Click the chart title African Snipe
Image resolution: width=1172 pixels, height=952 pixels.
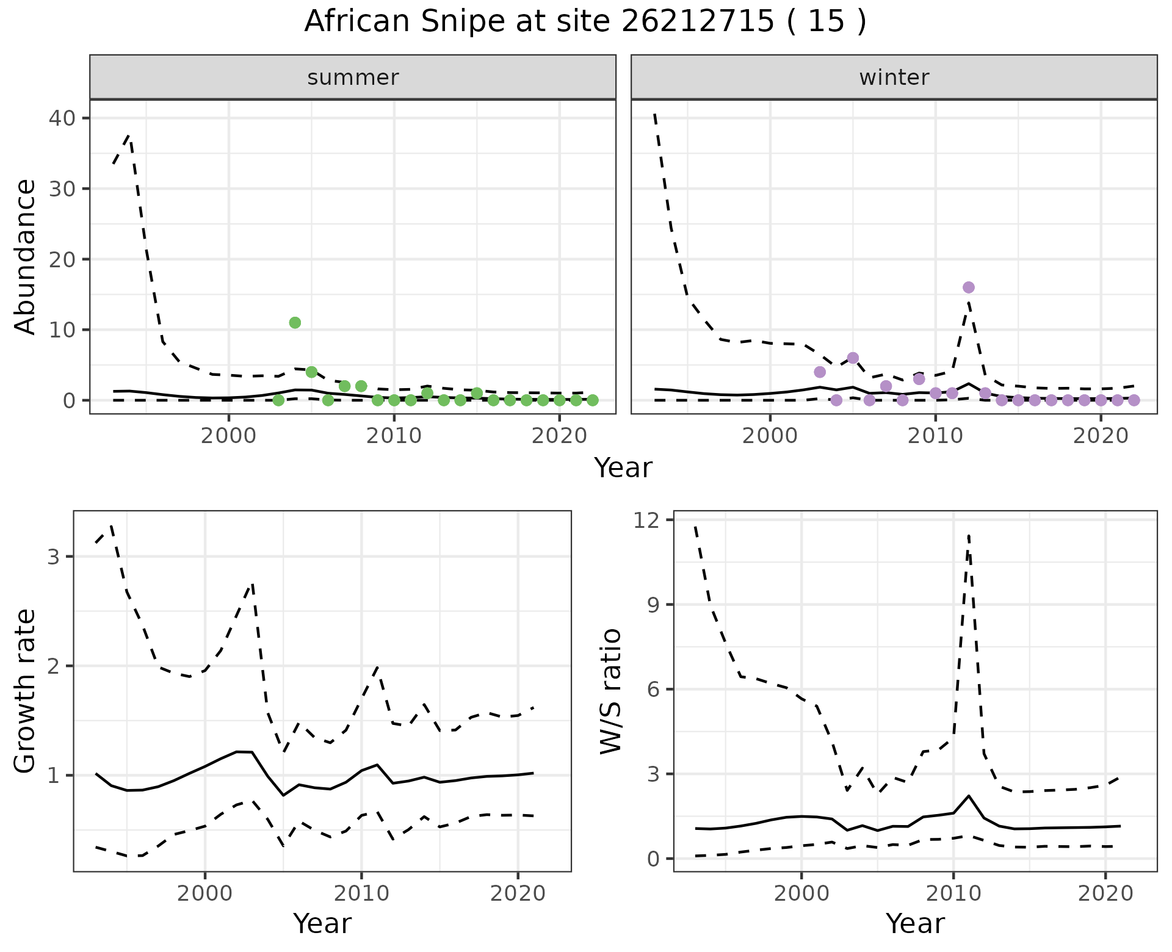[x=585, y=22]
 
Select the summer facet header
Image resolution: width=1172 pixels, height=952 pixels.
[x=353, y=78]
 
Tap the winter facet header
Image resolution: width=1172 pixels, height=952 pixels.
[x=894, y=78]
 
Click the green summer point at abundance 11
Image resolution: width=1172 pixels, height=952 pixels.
[x=295, y=323]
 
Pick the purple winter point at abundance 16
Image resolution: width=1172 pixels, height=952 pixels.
[x=969, y=287]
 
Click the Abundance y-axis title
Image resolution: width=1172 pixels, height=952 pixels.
[x=26, y=256]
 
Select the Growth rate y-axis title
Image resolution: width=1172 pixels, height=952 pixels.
[x=26, y=691]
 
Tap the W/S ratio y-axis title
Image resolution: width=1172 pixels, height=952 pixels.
[x=610, y=691]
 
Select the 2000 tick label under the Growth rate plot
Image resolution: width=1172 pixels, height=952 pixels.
[x=205, y=893]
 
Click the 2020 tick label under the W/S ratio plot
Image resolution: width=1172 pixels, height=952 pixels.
[x=1105, y=893]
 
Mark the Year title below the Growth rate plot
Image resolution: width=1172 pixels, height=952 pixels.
[x=322, y=924]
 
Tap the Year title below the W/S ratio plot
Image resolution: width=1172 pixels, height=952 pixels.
[x=915, y=924]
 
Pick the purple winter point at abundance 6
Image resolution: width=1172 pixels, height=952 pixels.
[x=853, y=358]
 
